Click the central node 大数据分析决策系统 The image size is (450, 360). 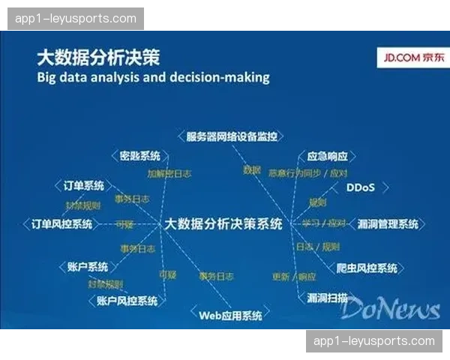(223, 223)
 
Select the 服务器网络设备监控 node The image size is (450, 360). (232, 136)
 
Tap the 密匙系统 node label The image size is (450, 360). (140, 156)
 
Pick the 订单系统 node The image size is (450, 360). (83, 186)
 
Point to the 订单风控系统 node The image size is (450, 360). (62, 224)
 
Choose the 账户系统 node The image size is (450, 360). (87, 266)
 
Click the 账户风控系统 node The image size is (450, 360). (127, 301)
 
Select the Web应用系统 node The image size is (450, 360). (230, 315)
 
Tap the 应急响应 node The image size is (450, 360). (328, 157)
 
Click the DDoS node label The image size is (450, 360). (359, 187)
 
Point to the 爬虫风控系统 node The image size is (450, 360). (367, 268)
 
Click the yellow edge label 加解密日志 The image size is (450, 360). (169, 173)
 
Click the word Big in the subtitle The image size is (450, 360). (49, 78)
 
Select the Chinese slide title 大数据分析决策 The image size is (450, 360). (97, 58)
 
